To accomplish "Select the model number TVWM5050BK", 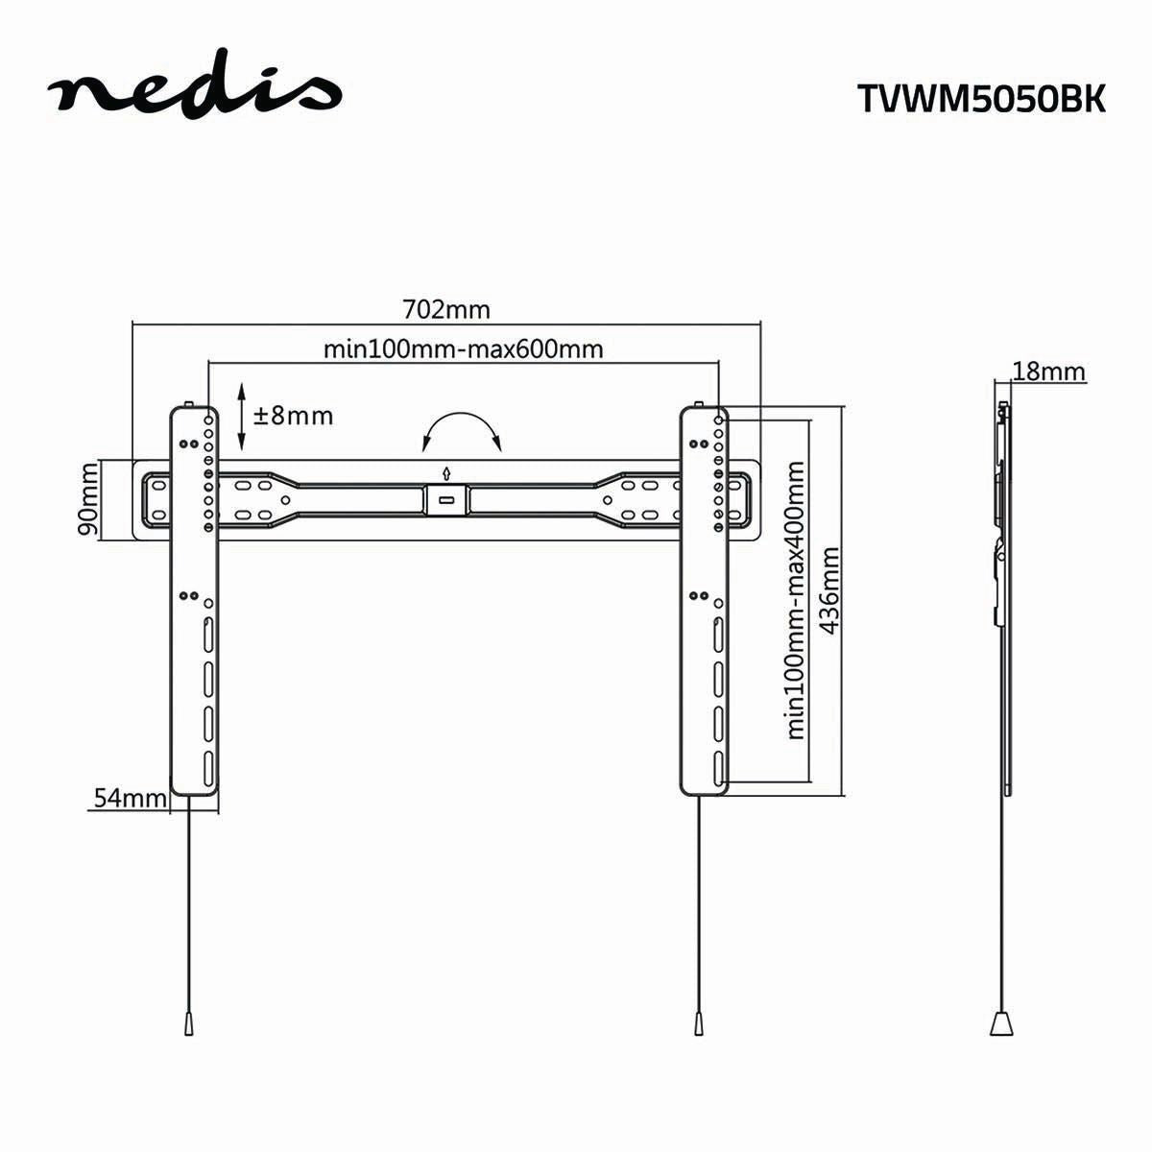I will (x=980, y=100).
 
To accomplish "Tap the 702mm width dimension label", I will (x=445, y=309).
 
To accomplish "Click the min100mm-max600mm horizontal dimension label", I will (x=463, y=348).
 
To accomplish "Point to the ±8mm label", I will (x=293, y=416).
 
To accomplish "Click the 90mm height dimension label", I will (x=87, y=499).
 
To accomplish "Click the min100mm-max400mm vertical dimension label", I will (x=795, y=600).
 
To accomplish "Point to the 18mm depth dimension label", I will (x=1048, y=372).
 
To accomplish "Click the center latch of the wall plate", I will (x=445, y=498).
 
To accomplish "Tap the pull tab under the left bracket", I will (x=186, y=996).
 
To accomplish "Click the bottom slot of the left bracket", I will (x=208, y=768).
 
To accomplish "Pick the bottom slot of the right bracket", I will (x=718, y=768).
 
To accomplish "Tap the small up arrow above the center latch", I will (x=445, y=472).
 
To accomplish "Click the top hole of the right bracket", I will (x=718, y=420).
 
